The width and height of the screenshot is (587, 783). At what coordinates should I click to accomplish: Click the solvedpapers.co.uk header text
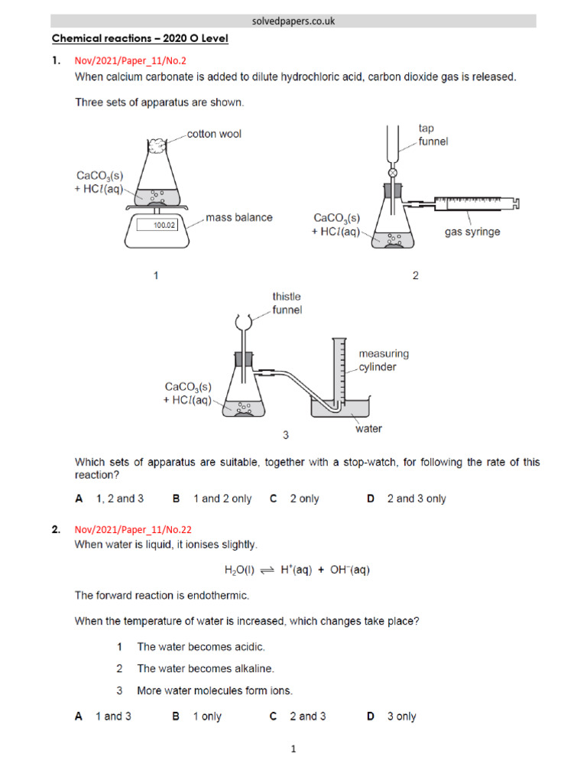[x=293, y=21]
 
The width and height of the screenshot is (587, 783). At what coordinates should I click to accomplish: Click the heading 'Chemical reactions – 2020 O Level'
[x=140, y=39]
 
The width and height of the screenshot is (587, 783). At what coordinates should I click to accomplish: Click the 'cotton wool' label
[x=215, y=134]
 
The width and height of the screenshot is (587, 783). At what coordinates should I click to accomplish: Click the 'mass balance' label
[x=238, y=217]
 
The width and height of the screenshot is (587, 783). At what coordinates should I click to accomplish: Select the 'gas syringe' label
[x=472, y=232]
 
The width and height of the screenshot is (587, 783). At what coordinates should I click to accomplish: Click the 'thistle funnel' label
[x=287, y=303]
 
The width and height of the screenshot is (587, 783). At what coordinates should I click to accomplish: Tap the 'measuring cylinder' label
[x=384, y=360]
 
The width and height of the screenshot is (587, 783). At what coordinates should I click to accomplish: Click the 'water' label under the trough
[x=368, y=429]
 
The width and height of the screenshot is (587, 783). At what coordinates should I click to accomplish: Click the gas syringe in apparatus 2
[x=474, y=203]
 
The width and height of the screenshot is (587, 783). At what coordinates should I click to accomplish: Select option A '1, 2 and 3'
[x=109, y=499]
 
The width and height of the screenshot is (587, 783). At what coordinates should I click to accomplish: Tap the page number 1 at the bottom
[x=293, y=750]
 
